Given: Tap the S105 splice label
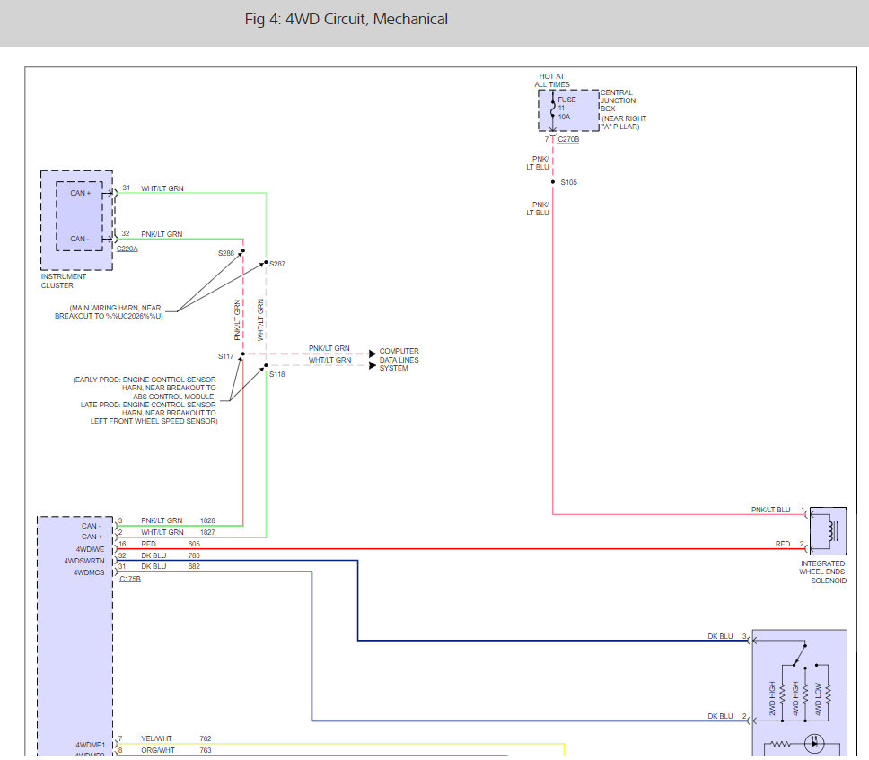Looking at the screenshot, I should [568, 182].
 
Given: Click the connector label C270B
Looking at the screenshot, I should [568, 140].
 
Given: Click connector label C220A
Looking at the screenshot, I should [127, 249].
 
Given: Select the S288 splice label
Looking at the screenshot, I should [226, 253].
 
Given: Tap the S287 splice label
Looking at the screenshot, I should [279, 264].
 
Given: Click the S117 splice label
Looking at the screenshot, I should [225, 356].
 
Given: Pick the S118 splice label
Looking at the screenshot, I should [276, 374].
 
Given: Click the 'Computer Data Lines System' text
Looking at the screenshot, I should [399, 359].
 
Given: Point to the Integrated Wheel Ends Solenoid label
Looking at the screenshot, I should [822, 572].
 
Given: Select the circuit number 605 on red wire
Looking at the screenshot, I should [194, 544].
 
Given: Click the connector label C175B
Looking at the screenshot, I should [130, 579].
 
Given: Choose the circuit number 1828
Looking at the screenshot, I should [206, 520].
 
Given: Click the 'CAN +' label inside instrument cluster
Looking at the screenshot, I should [81, 193].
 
